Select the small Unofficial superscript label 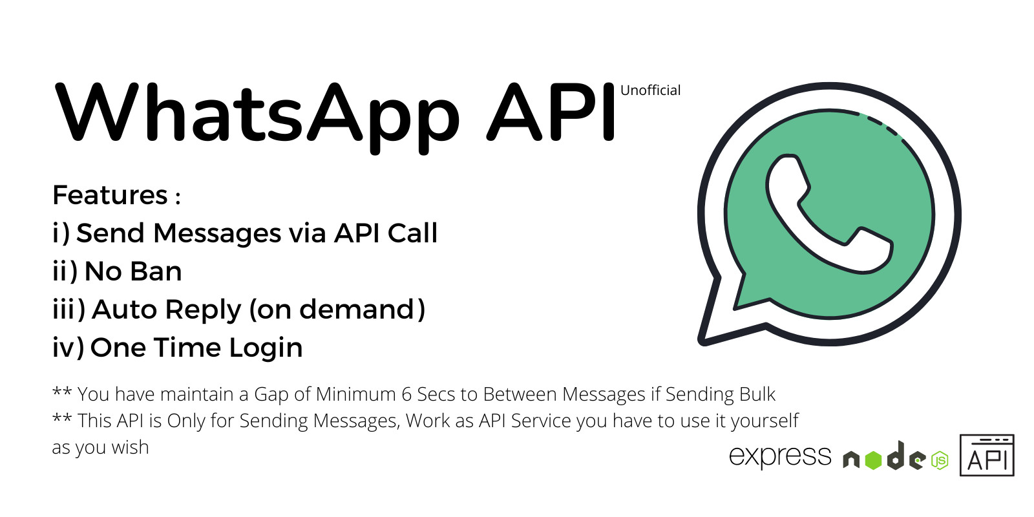click(650, 90)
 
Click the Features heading click(111, 195)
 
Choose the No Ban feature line click(117, 271)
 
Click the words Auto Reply click(166, 310)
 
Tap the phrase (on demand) click(337, 310)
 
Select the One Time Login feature click(178, 348)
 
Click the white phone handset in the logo click(825, 214)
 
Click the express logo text click(780, 456)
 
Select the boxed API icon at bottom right click(987, 456)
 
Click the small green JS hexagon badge click(940, 461)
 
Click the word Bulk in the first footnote click(757, 394)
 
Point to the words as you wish click(100, 447)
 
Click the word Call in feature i click(412, 233)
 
